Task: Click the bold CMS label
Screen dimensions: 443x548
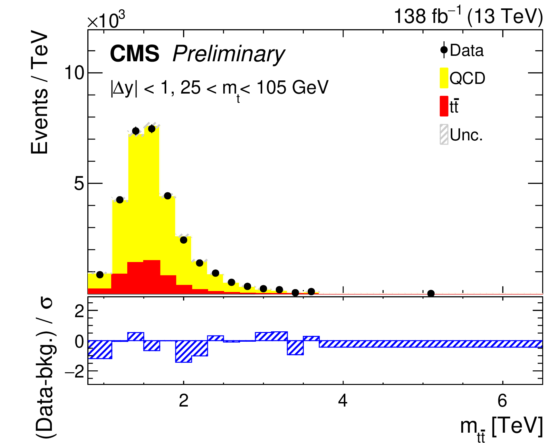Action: (x=135, y=54)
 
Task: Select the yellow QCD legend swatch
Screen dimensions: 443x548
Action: (x=444, y=78)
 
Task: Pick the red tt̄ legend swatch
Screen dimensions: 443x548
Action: (x=444, y=106)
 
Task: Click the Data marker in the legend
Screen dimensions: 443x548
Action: (x=444, y=50)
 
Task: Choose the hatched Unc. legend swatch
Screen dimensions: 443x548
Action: (x=444, y=135)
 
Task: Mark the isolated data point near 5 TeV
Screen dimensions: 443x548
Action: (x=431, y=293)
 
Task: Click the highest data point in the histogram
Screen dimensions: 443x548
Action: (x=151, y=129)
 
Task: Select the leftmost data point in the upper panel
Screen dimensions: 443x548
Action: (x=100, y=275)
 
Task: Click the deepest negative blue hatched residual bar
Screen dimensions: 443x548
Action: (x=184, y=352)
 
